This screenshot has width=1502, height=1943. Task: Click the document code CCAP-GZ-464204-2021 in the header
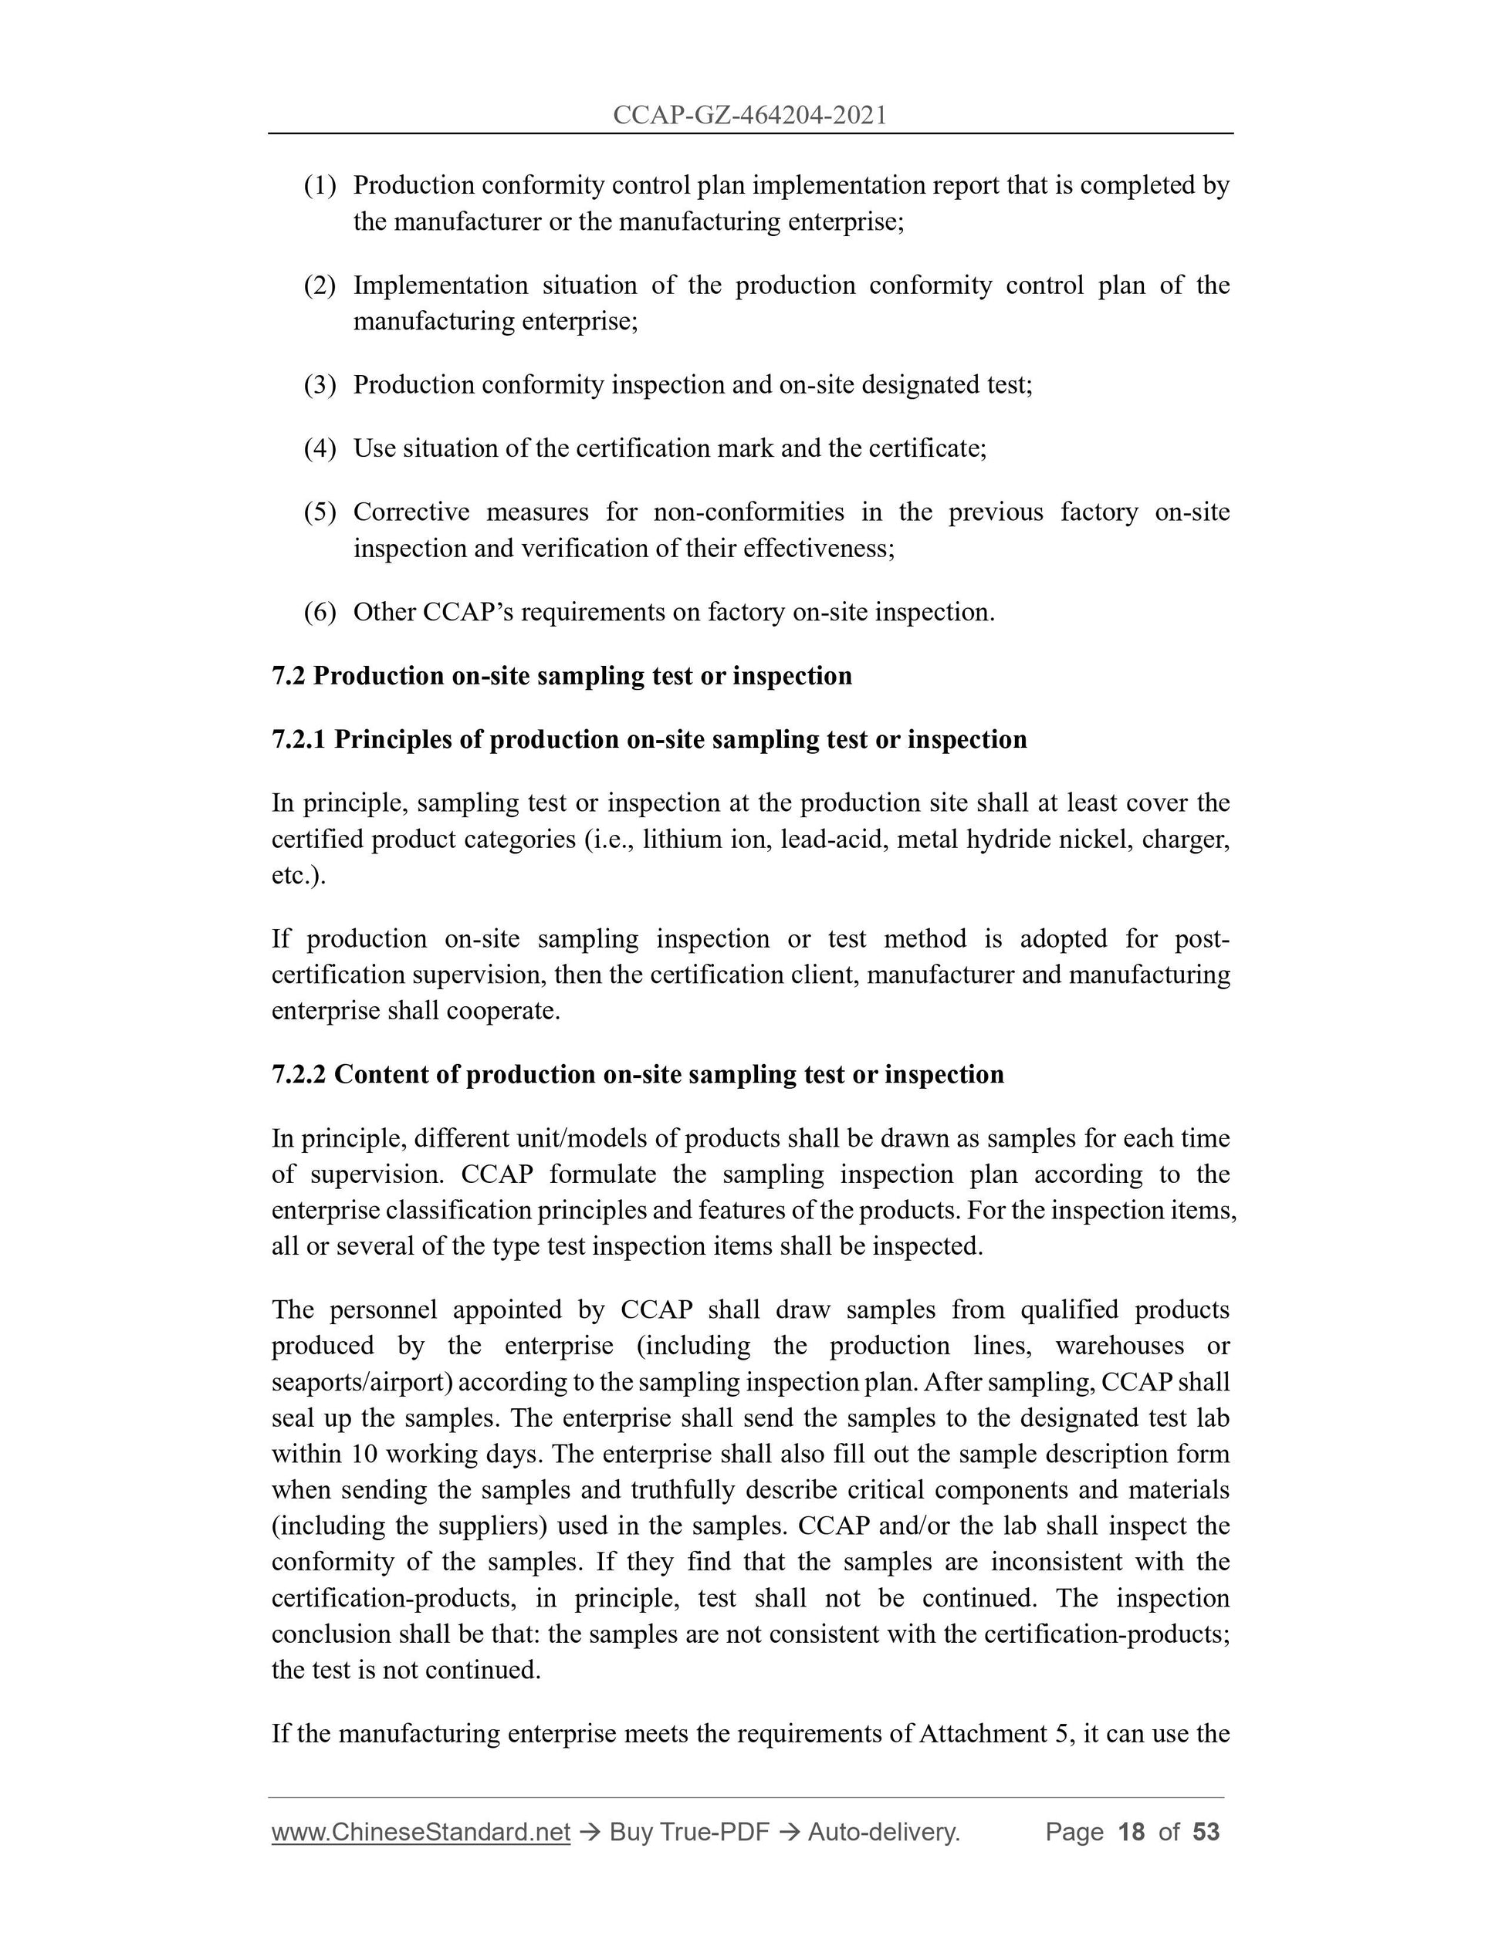coord(749,115)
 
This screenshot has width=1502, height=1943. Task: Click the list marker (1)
coord(320,186)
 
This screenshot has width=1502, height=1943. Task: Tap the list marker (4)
coord(320,448)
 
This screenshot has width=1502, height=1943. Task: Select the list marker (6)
coord(320,612)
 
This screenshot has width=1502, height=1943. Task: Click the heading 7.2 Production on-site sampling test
coord(561,676)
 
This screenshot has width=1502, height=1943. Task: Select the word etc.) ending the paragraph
coord(298,877)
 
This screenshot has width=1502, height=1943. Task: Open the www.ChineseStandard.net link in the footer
coord(420,1832)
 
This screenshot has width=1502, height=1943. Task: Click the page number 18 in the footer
coord(1131,1832)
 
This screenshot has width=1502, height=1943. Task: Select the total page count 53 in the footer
coord(1206,1832)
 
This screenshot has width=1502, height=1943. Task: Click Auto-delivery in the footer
coord(883,1832)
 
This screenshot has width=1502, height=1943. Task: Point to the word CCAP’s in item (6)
coord(468,612)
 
